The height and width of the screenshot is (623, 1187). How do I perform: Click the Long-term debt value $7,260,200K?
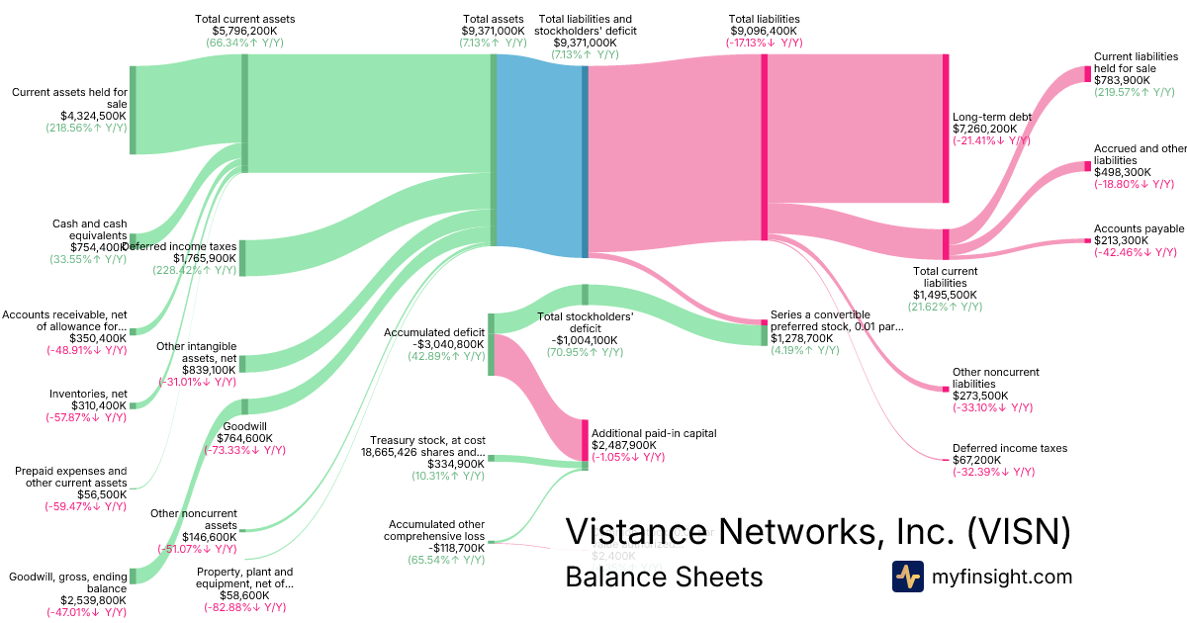tap(992, 129)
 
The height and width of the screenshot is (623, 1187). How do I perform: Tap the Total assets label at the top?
tap(492, 19)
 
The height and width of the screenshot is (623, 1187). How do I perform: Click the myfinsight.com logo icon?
tap(907, 577)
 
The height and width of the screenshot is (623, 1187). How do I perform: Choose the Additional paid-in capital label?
tap(654, 433)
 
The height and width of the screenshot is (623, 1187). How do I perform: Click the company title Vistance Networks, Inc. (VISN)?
tap(817, 532)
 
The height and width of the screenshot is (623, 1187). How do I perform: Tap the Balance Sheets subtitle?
tap(664, 578)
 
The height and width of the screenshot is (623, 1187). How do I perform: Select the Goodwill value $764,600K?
tap(240, 438)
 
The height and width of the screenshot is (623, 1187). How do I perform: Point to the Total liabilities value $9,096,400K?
tap(764, 31)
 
